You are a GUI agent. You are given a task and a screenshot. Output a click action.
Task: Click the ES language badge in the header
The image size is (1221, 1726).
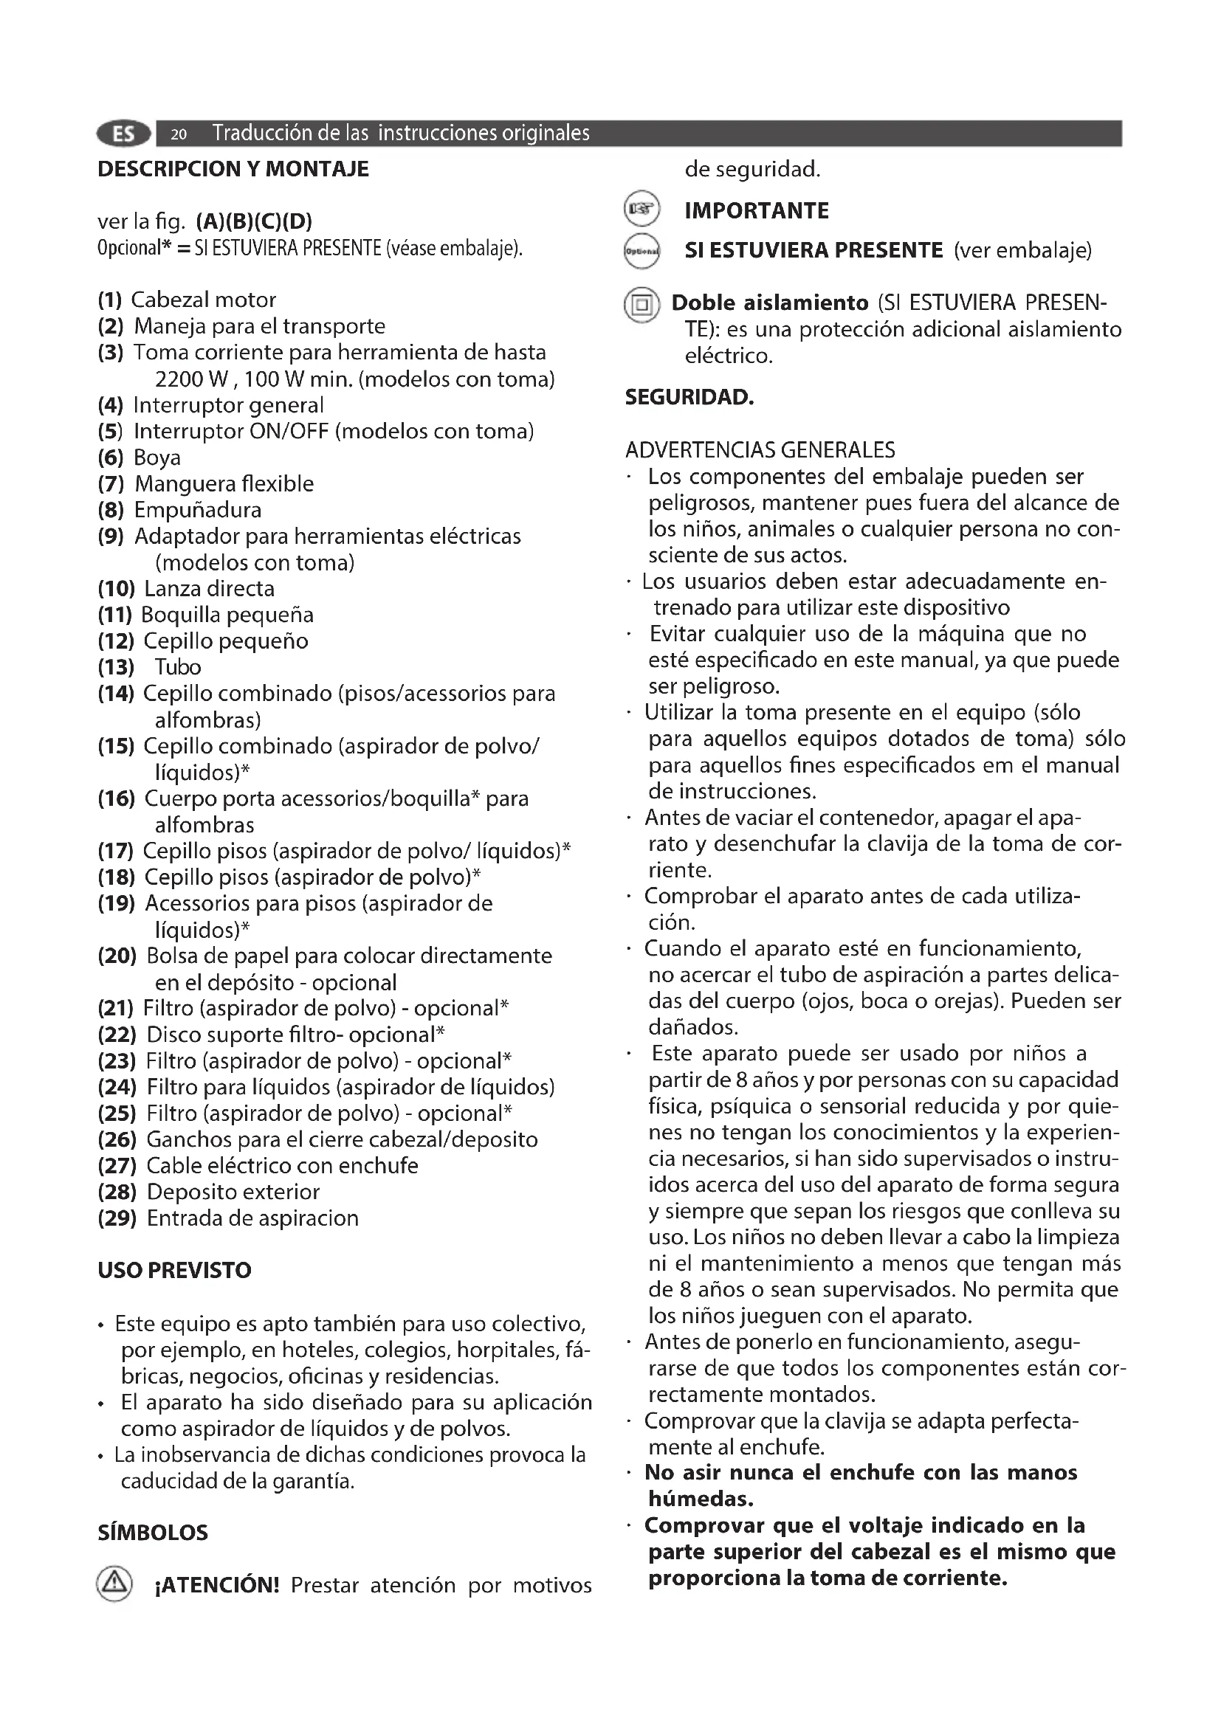[124, 134]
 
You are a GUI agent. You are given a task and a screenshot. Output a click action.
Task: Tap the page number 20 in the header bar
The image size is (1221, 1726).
[178, 134]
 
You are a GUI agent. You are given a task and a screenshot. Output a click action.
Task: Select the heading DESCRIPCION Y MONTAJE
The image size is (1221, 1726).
[233, 169]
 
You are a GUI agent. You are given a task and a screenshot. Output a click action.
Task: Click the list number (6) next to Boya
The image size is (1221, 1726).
[111, 458]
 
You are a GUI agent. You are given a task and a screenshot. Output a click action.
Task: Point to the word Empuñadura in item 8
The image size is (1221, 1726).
[198, 511]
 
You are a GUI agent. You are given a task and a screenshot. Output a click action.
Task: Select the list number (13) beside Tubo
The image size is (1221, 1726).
[116, 668]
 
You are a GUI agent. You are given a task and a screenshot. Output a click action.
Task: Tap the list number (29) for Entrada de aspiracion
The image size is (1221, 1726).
[117, 1218]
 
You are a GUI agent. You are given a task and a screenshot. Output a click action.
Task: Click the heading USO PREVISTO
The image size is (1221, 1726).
[174, 1271]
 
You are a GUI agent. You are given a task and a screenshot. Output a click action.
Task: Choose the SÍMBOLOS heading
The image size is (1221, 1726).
[153, 1533]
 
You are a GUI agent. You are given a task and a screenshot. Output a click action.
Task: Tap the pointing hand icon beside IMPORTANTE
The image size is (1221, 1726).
[642, 210]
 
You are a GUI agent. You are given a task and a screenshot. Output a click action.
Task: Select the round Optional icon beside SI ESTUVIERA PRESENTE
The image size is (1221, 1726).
[642, 251]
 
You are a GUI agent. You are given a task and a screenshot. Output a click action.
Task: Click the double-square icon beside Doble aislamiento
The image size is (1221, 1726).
[642, 305]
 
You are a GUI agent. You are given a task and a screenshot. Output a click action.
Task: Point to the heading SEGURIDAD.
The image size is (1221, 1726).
[689, 398]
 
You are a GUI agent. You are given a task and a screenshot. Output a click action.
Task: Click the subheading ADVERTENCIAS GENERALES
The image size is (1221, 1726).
[760, 450]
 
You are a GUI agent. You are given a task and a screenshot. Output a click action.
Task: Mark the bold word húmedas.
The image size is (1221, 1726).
[701, 1499]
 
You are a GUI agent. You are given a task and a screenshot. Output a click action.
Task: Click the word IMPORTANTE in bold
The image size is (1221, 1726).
[757, 210]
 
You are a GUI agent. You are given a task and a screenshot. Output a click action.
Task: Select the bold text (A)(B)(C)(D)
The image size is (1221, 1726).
[254, 222]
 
